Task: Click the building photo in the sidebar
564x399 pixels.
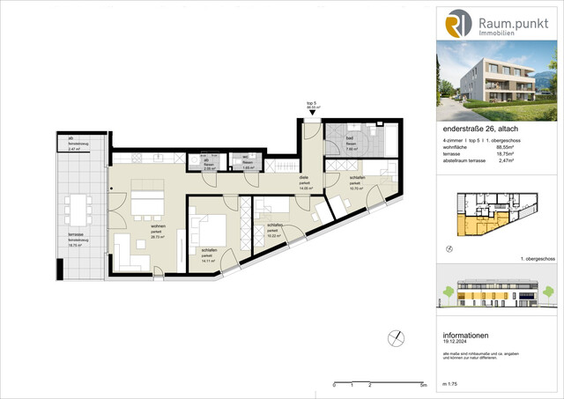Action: [x=500, y=86]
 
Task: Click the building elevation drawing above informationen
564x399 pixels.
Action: [x=500, y=299]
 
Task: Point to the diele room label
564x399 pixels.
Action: [x=304, y=178]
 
